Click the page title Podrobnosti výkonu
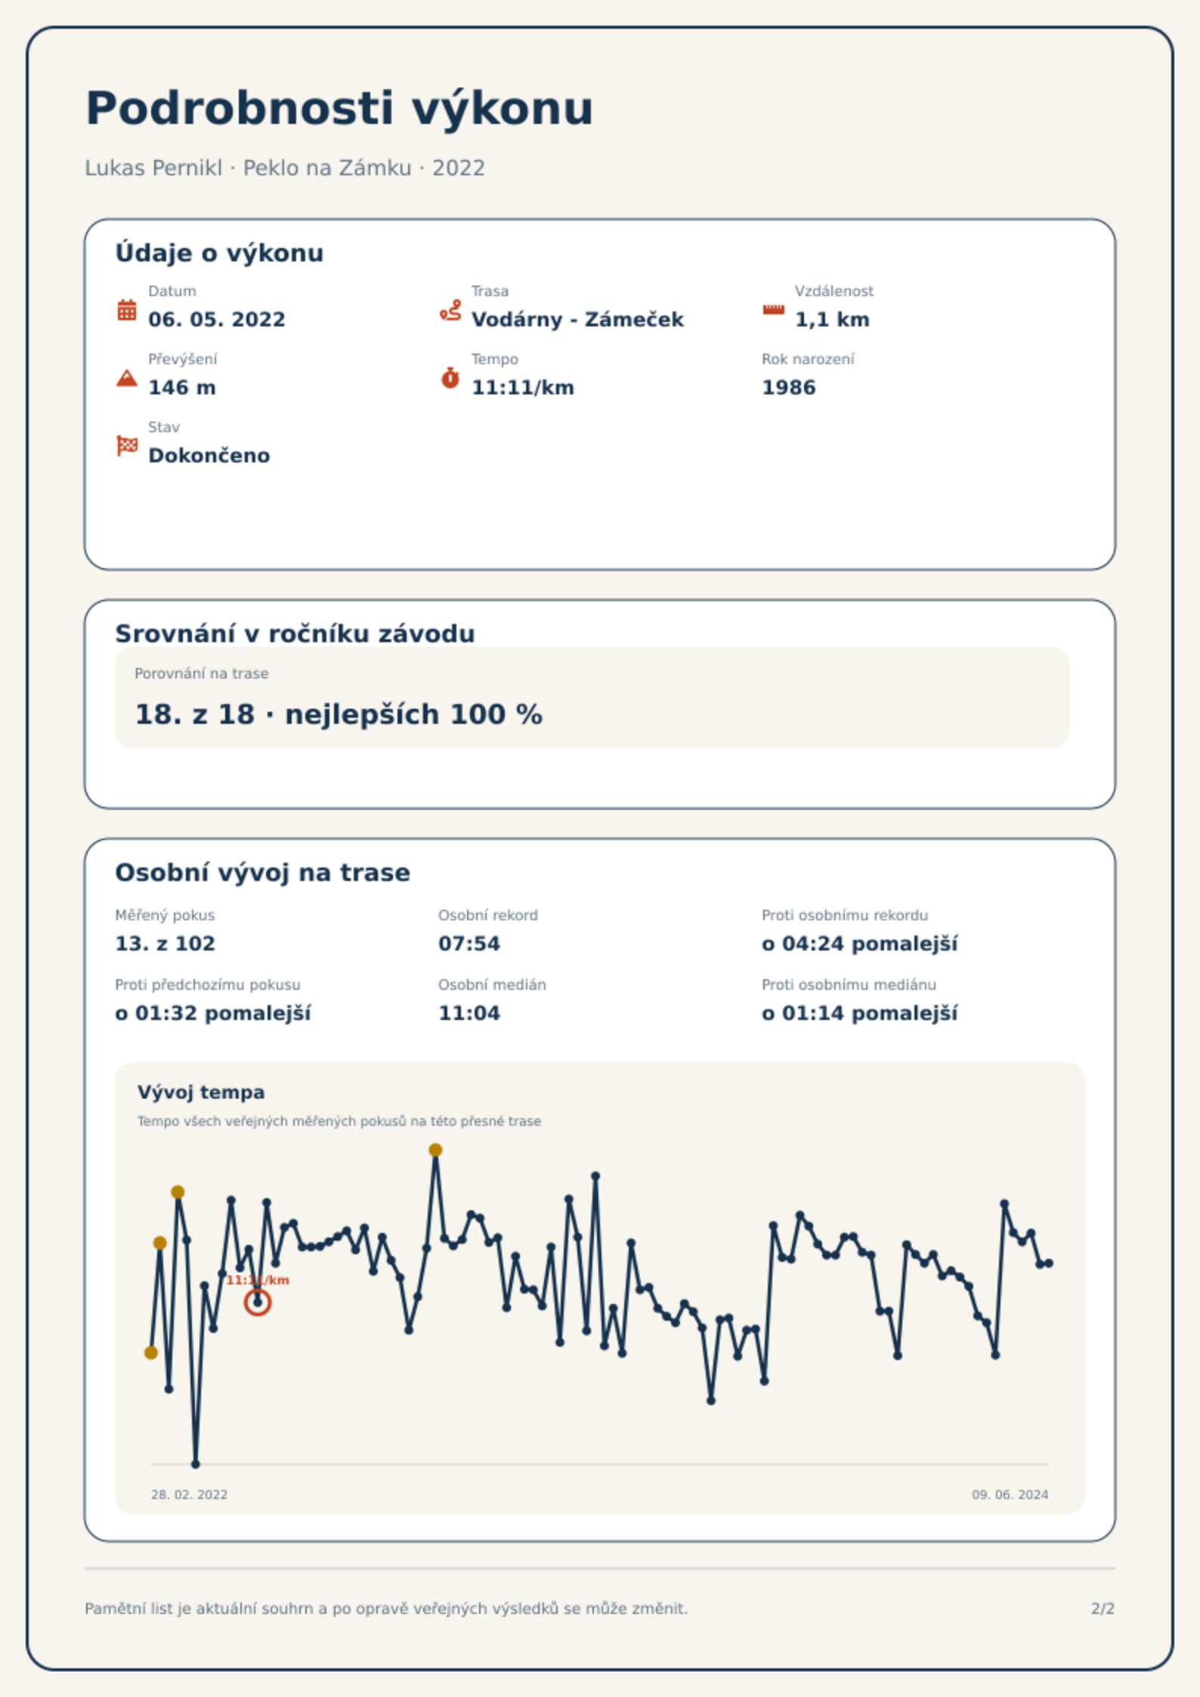click(x=339, y=109)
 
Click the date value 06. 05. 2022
click(x=217, y=320)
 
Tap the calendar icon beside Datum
click(x=127, y=310)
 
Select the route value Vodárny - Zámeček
click(x=577, y=320)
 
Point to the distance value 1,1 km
click(x=832, y=320)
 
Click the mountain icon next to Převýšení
click(x=127, y=378)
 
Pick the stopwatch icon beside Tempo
click(x=450, y=378)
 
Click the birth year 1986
click(x=789, y=388)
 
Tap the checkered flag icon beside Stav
click(x=127, y=446)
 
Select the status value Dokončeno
click(x=209, y=456)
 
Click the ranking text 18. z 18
click(x=195, y=714)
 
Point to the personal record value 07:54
click(x=469, y=944)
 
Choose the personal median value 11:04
click(x=469, y=1013)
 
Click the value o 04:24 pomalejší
click(x=860, y=944)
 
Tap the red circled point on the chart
click(x=258, y=1303)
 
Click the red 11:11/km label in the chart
click(x=258, y=1280)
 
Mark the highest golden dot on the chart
click(x=435, y=1150)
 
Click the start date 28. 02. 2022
click(x=189, y=1495)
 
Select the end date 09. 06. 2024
click(x=1010, y=1495)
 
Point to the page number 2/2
click(x=1103, y=1609)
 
